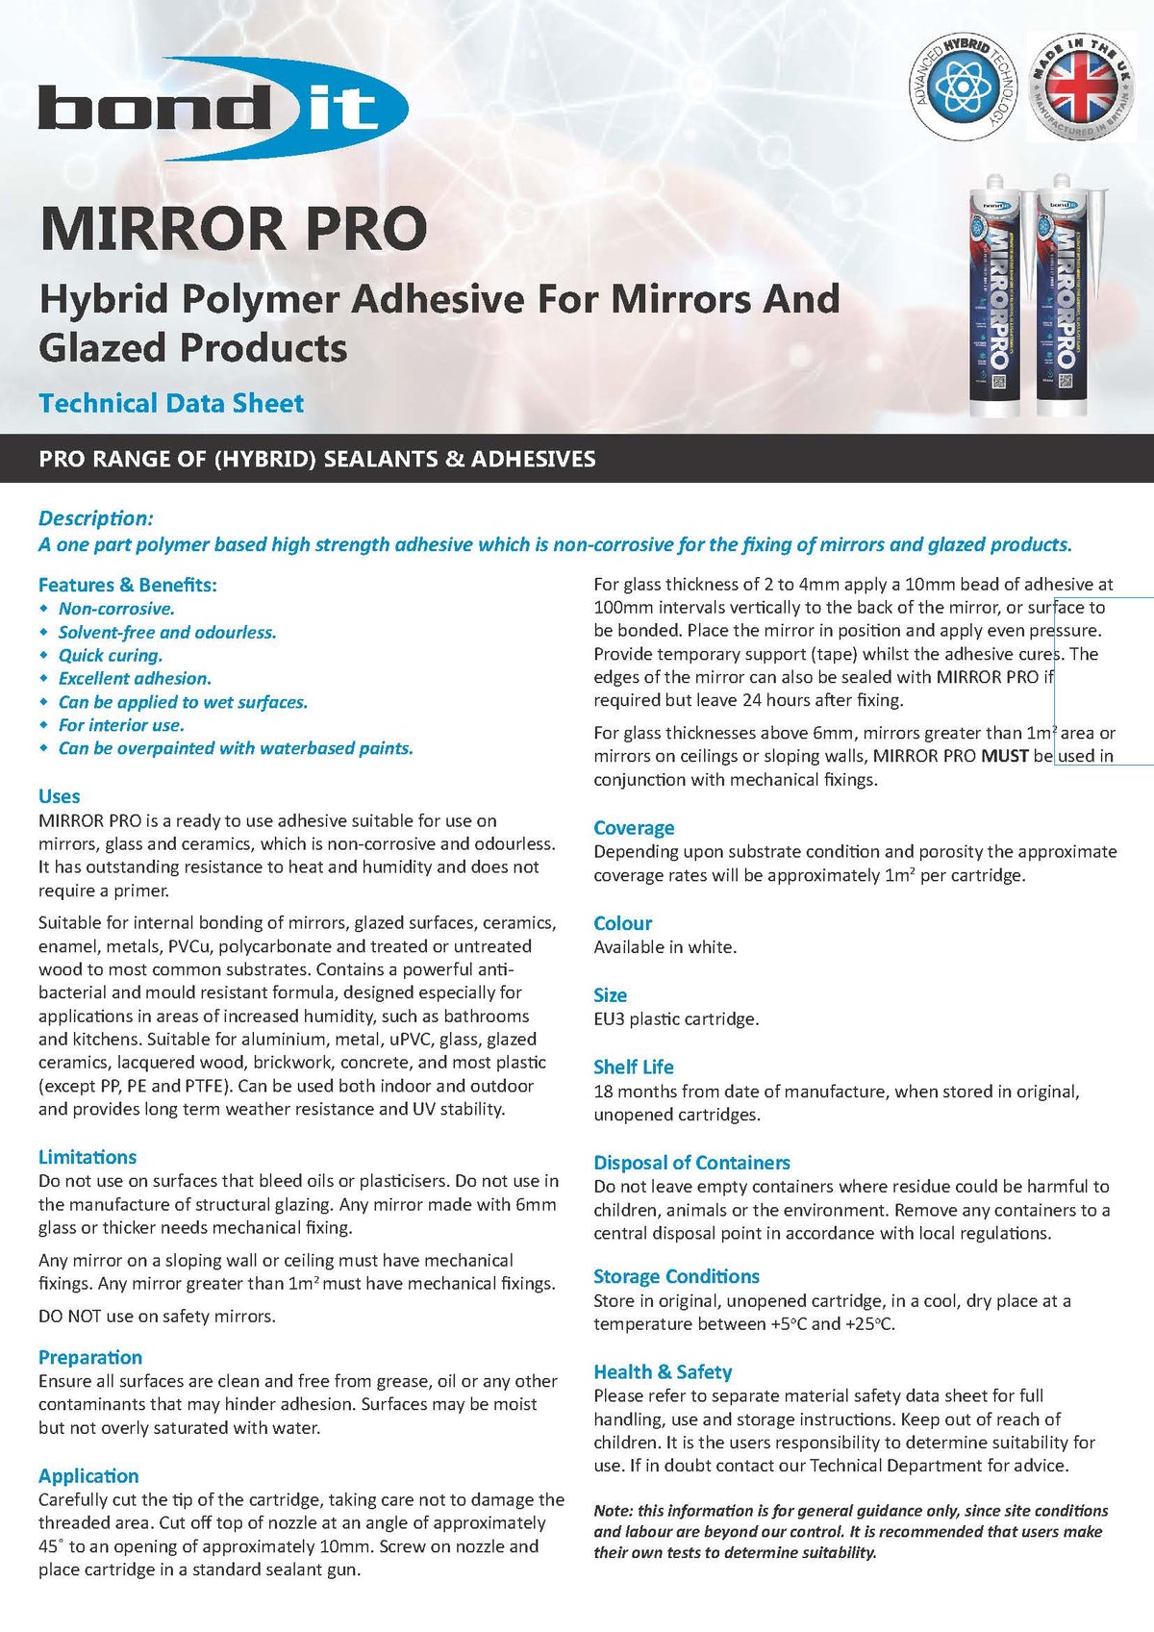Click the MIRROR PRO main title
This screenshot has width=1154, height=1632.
click(x=233, y=229)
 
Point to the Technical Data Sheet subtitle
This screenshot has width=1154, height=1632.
click(x=171, y=403)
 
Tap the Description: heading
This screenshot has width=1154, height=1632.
click(x=96, y=518)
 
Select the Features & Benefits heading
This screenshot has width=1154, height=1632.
click(x=128, y=585)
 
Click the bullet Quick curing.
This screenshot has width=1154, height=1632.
click(x=111, y=655)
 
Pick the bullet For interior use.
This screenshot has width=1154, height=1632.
click(x=121, y=725)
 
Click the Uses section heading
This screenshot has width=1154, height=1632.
click(x=59, y=796)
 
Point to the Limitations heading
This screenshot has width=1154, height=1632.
click(x=88, y=1157)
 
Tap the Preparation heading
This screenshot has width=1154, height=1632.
click(x=90, y=1357)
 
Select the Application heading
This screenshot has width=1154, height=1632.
click(x=88, y=1475)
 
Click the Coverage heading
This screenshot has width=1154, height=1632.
click(x=634, y=828)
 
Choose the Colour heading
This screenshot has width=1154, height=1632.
click(x=622, y=923)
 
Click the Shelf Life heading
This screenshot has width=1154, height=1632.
click(x=633, y=1067)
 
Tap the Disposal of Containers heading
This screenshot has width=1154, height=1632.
click(x=691, y=1163)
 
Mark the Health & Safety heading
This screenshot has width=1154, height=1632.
click(x=663, y=1371)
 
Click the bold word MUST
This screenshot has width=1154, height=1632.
click(x=1005, y=756)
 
